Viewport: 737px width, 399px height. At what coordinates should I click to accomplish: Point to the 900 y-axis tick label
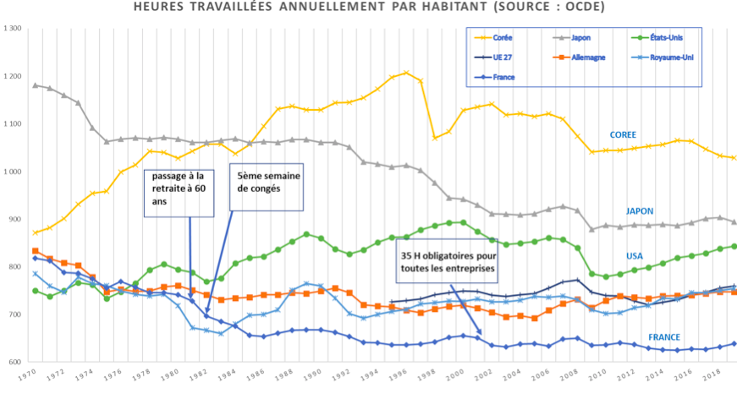click(14, 220)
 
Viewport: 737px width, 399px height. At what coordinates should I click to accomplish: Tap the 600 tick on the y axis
click(14, 363)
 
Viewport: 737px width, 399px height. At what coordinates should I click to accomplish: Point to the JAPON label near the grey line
click(640, 211)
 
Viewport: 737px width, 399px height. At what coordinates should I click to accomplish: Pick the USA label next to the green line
click(635, 255)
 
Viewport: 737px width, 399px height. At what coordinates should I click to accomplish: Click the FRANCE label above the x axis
click(664, 336)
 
